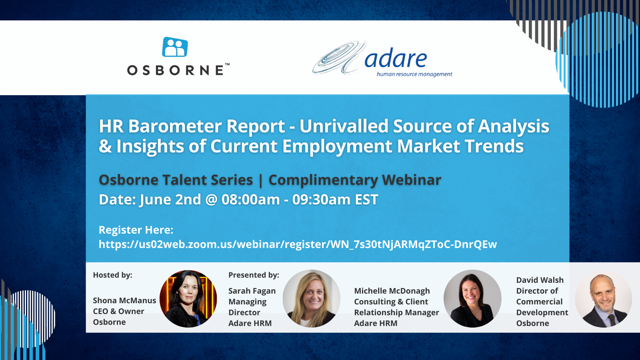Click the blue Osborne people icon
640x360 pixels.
click(x=175, y=47)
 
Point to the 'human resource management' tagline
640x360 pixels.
click(x=414, y=74)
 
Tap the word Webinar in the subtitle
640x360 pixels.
click(x=412, y=180)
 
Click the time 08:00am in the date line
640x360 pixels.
click(x=250, y=200)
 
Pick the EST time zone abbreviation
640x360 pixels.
click(x=366, y=200)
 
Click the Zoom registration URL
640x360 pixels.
click(x=298, y=244)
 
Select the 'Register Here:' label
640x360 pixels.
click(x=136, y=230)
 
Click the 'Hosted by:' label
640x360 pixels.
click(x=112, y=275)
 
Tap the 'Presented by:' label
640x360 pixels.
click(x=254, y=275)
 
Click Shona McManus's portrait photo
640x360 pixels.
click(x=188, y=298)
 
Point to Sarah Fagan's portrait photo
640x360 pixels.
click(x=312, y=298)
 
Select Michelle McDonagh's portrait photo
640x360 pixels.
click(x=472, y=298)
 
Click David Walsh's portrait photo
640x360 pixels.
click(x=604, y=300)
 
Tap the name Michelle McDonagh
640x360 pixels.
click(x=392, y=291)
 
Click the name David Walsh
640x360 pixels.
click(x=540, y=280)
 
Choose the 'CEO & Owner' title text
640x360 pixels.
click(x=118, y=311)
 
